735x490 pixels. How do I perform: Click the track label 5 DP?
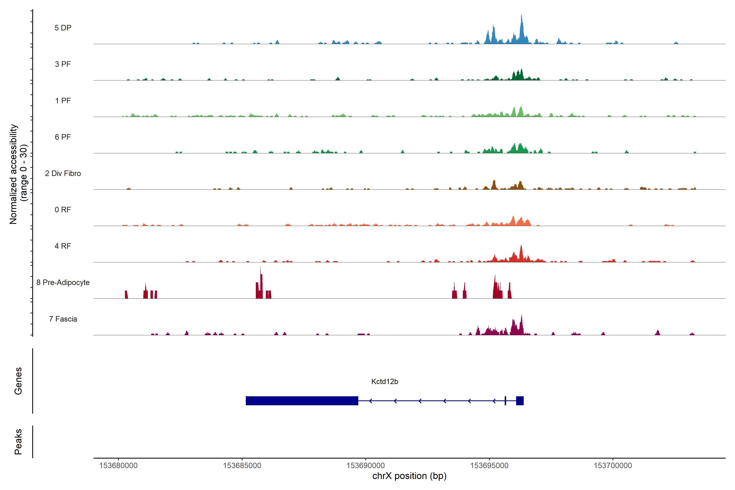point(63,28)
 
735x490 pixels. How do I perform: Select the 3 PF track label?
point(63,64)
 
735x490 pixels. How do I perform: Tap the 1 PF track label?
point(63,101)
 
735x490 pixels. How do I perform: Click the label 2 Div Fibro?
point(63,173)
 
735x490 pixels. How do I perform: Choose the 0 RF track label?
point(63,210)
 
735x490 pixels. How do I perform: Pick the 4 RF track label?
point(63,246)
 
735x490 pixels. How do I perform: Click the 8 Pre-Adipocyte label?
point(63,283)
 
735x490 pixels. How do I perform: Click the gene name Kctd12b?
point(384,382)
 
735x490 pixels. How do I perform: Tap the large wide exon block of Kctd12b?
point(302,401)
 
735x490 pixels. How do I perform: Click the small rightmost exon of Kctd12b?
point(520,401)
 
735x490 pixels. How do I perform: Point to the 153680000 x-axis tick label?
point(118,466)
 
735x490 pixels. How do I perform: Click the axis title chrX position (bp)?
point(409,476)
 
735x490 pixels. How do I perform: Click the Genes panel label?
point(18,381)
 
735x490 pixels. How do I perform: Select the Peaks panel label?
point(18,442)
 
